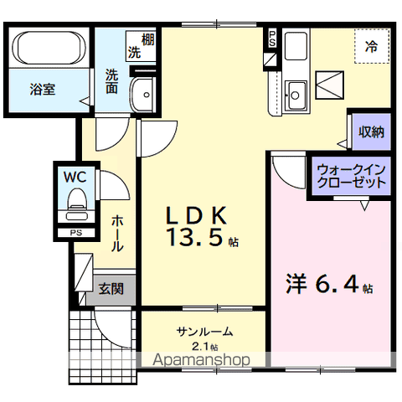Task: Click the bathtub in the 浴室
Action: pyautogui.click(x=52, y=48)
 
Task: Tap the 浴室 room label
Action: pyautogui.click(x=43, y=90)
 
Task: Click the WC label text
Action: pyautogui.click(x=75, y=177)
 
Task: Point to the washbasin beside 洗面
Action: pyautogui.click(x=142, y=95)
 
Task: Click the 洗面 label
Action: pyautogui.click(x=111, y=81)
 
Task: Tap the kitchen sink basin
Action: pyautogui.click(x=296, y=95)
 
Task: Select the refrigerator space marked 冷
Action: pyautogui.click(x=372, y=46)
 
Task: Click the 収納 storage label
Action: pyautogui.click(x=371, y=131)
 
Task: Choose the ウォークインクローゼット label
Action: pyautogui.click(x=352, y=176)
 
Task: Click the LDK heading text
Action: pyautogui.click(x=196, y=216)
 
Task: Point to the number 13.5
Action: pyautogui.click(x=194, y=238)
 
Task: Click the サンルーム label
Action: pyautogui.click(x=204, y=332)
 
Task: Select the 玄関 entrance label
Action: pyautogui.click(x=111, y=289)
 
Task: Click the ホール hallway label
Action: pyautogui.click(x=117, y=234)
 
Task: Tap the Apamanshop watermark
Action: pyautogui.click(x=201, y=360)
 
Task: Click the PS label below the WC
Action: pyautogui.click(x=76, y=233)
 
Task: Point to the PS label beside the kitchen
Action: pyautogui.click(x=272, y=39)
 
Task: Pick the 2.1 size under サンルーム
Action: pyautogui.click(x=199, y=347)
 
